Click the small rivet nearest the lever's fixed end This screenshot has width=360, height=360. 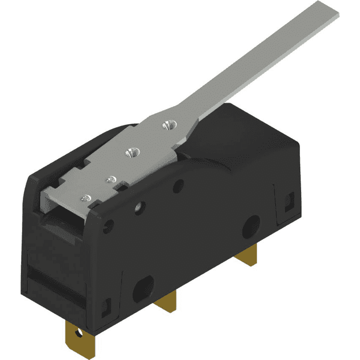[x=87, y=197]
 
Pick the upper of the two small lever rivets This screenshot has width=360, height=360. [x=110, y=178]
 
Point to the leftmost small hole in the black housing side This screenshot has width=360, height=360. [x=109, y=227]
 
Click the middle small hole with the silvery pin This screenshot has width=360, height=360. [x=140, y=208]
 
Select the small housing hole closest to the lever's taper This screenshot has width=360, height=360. [x=178, y=185]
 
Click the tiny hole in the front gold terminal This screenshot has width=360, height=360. [x=76, y=331]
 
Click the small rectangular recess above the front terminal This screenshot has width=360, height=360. [x=106, y=307]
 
